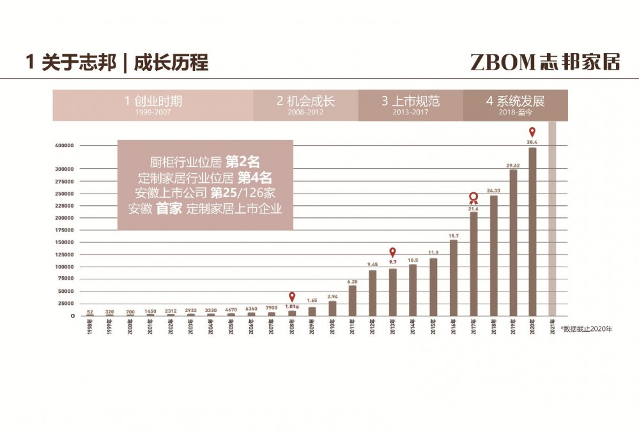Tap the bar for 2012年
[x=373, y=293]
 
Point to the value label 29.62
[x=512, y=165]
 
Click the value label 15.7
[x=453, y=235]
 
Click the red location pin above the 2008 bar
[x=292, y=297]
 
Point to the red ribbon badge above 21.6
[x=473, y=198]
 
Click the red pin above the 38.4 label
[x=532, y=132]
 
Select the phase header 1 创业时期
[x=153, y=101]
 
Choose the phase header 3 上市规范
[x=410, y=101]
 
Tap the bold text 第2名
[x=242, y=162]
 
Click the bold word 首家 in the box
[x=169, y=208]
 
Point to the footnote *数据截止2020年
[x=586, y=329]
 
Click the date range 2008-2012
[x=305, y=113]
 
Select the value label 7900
[x=272, y=308]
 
